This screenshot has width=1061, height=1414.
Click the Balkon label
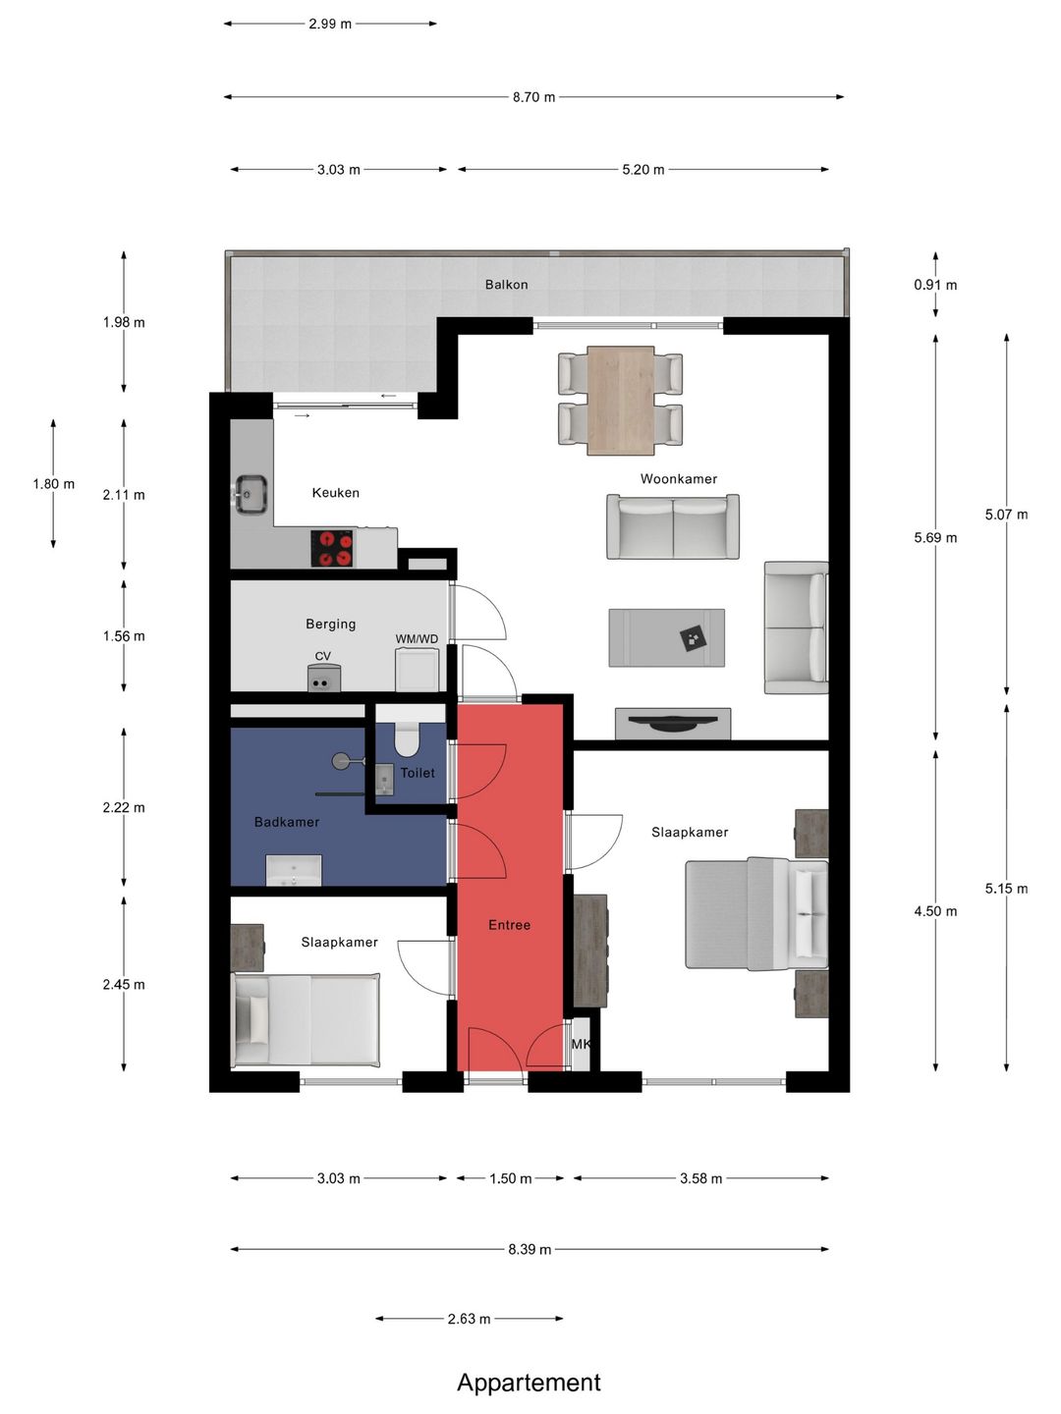pyautogui.click(x=506, y=285)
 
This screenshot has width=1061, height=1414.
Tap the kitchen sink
pyautogui.click(x=251, y=494)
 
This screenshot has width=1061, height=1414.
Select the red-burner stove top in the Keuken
pyautogui.click(x=332, y=548)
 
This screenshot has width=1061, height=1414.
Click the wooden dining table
pyautogui.click(x=620, y=400)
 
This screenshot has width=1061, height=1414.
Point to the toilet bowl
pyautogui.click(x=407, y=738)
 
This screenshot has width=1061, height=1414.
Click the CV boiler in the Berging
pyautogui.click(x=323, y=678)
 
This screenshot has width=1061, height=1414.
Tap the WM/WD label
pyautogui.click(x=417, y=639)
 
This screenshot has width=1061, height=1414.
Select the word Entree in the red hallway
pyautogui.click(x=510, y=925)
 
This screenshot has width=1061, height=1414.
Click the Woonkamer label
pyautogui.click(x=678, y=478)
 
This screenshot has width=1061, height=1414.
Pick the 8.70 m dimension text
pyautogui.click(x=533, y=97)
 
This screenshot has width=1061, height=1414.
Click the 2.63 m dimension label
pyautogui.click(x=469, y=1319)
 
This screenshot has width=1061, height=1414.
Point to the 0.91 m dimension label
pyautogui.click(x=935, y=285)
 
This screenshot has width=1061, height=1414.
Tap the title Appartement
pyautogui.click(x=529, y=1383)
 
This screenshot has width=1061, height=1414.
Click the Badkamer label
pyautogui.click(x=287, y=822)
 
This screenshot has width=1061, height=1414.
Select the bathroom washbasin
pyautogui.click(x=294, y=870)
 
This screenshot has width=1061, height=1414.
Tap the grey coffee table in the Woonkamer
pyautogui.click(x=667, y=637)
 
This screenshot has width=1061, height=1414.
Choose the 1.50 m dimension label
pyautogui.click(x=510, y=1179)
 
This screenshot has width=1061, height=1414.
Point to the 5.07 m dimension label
pyautogui.click(x=1006, y=515)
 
